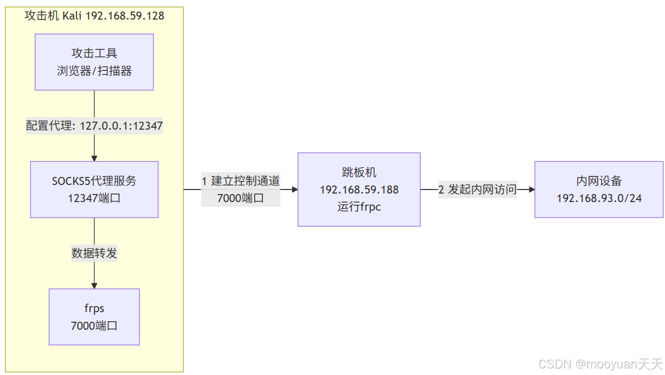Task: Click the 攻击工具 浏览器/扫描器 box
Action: coord(94,62)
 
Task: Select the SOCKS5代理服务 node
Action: coord(94,189)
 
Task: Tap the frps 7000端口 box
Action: coord(94,317)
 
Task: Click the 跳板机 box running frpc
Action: coord(359,190)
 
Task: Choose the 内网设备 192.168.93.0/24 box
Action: coord(599,190)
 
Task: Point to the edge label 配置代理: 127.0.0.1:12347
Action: coord(94,126)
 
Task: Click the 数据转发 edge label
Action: coord(94,253)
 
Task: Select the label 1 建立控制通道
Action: coord(241,181)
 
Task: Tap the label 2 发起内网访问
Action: coord(478,190)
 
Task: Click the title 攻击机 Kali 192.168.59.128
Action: coord(94,16)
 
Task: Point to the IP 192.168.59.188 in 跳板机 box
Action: coord(359,190)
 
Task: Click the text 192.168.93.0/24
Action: coord(599,198)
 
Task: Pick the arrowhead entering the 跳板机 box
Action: coord(295,190)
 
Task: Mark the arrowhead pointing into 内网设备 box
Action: coord(531,190)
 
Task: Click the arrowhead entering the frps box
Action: coord(94,286)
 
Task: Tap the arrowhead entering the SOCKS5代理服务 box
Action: coord(94,158)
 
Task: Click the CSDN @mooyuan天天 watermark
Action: coord(601,363)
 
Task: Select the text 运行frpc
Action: coord(359,207)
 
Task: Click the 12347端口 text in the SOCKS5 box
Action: coord(94,198)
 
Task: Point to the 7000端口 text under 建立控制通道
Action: coord(241,198)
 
